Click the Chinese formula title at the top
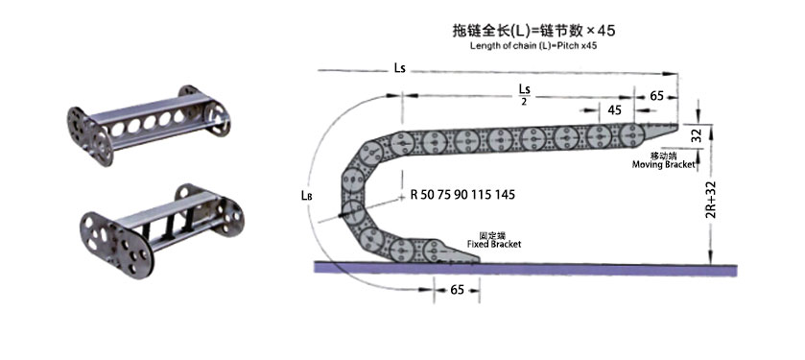click(533, 31)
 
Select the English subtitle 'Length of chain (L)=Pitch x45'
click(533, 46)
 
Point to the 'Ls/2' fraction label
click(524, 95)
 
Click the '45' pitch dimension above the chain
click(614, 108)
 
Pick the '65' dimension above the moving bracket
click(657, 96)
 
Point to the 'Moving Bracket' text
click(663, 165)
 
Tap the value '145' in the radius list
click(504, 195)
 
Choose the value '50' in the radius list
click(429, 195)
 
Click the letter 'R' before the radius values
click(414, 195)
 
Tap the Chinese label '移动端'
click(663, 155)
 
